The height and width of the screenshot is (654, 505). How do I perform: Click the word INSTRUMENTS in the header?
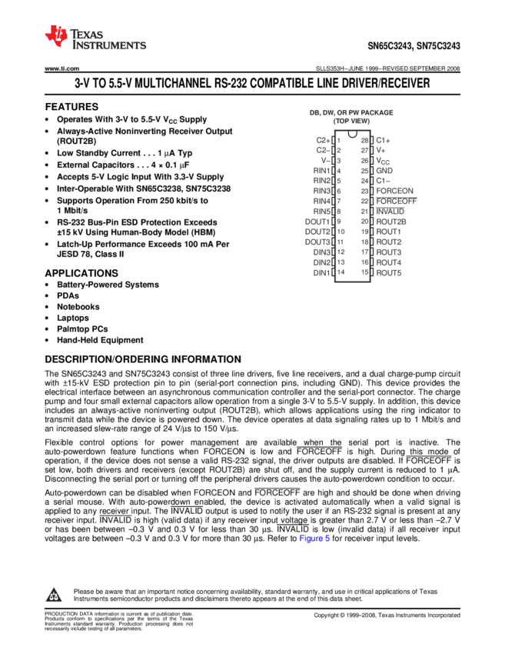(108, 46)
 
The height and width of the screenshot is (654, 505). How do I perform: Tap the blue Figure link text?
(314, 539)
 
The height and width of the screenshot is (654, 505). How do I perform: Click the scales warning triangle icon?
(53, 595)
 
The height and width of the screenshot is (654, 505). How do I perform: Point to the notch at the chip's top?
(352, 135)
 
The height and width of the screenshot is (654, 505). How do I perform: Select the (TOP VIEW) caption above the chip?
(351, 122)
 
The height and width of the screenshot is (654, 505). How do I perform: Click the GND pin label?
(384, 170)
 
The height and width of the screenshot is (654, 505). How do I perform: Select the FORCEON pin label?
(394, 190)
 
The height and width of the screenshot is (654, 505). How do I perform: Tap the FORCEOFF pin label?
(396, 201)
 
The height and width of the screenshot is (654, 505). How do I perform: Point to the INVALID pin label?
(390, 211)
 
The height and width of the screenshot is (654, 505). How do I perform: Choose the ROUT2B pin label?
(390, 222)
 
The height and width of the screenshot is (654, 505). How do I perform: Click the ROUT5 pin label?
(388, 272)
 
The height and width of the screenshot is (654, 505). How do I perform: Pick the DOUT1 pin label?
(317, 222)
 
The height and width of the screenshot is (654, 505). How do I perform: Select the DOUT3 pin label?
(317, 242)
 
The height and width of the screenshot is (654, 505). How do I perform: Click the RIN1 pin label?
(321, 170)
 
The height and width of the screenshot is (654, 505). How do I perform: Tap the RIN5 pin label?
(321, 211)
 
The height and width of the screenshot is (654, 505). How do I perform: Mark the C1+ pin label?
(383, 140)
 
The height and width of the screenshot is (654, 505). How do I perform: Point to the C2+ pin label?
(323, 140)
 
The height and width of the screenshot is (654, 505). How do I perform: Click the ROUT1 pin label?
(388, 232)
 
